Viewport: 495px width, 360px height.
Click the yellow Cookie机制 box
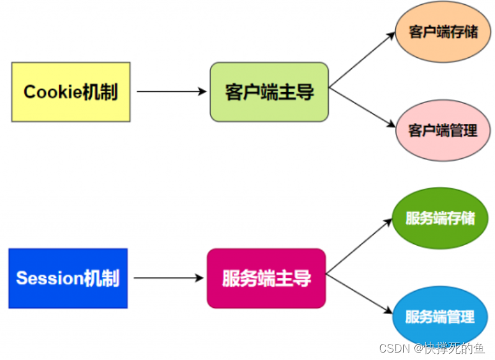pyautogui.click(x=71, y=92)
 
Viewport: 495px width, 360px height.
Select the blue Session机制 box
pyautogui.click(x=68, y=278)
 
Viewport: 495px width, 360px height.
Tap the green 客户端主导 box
pyautogui.click(x=269, y=92)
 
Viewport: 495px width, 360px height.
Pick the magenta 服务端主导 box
pyautogui.click(x=266, y=278)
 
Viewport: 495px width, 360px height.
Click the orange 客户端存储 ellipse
pyautogui.click(x=444, y=32)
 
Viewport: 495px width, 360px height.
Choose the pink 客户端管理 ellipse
pyautogui.click(x=443, y=130)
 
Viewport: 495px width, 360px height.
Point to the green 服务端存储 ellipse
pyautogui.click(x=440, y=218)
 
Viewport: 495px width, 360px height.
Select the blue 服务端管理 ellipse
pyautogui.click(x=440, y=317)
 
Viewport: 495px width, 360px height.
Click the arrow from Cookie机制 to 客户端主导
pyautogui.click(x=171, y=92)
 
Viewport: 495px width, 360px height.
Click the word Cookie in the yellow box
pyautogui.click(x=53, y=92)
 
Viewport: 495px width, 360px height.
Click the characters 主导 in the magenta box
pyautogui.click(x=296, y=278)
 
